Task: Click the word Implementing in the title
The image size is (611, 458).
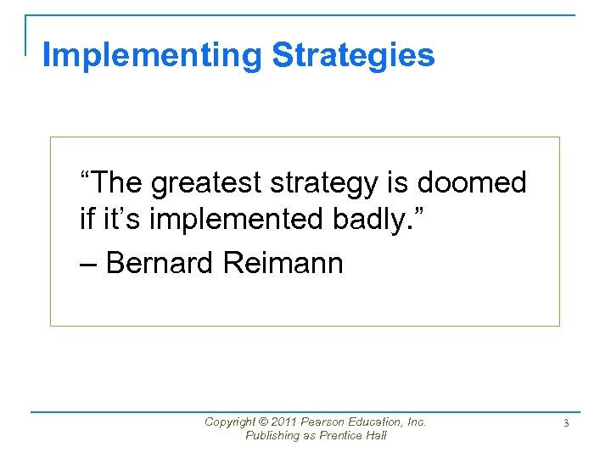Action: tap(153, 55)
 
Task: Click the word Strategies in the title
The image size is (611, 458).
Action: tap(353, 55)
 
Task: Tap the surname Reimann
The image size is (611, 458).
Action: tap(283, 263)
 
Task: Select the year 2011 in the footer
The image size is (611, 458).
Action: tap(289, 422)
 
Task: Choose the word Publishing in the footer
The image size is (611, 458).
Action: tap(272, 435)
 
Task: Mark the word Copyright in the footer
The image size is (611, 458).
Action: tap(231, 422)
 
